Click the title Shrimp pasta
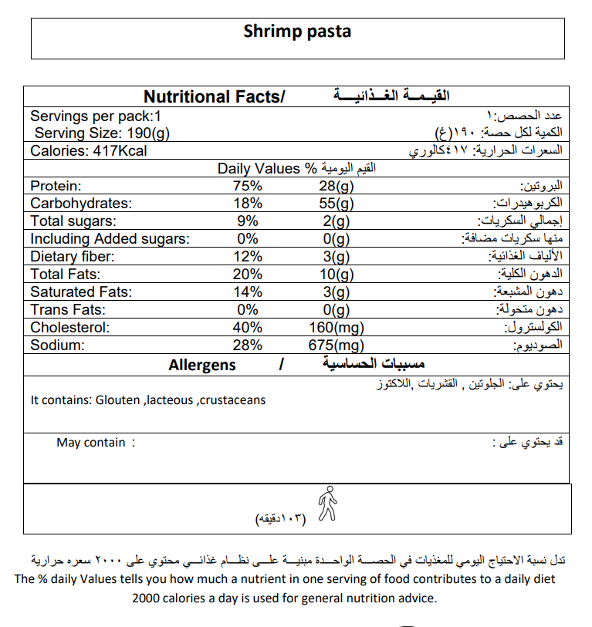coord(297,32)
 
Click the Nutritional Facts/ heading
coord(215,97)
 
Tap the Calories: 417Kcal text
coord(88,150)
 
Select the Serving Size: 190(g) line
coord(102,133)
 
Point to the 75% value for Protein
coord(248,186)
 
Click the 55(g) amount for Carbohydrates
coord(337,204)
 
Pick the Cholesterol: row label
coord(69,328)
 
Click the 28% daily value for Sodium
coord(248,346)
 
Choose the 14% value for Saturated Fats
coord(248,292)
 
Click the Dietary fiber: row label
coord(73,257)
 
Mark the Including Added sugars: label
coord(110,239)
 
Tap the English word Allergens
coord(202,365)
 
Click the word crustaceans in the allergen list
coord(232,399)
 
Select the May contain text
coord(90,443)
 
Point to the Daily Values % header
coord(268,168)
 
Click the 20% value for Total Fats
coord(248,275)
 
